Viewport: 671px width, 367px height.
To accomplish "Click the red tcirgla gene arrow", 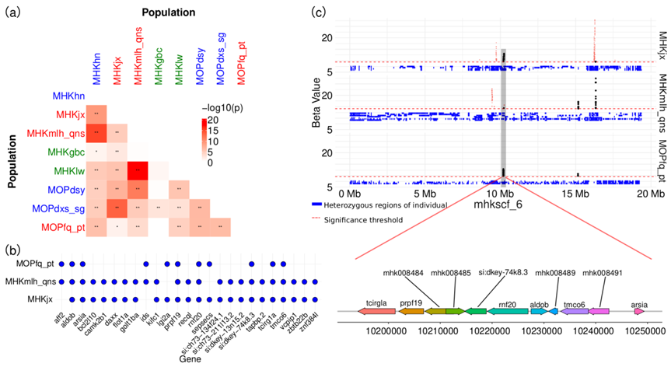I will (376, 311).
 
